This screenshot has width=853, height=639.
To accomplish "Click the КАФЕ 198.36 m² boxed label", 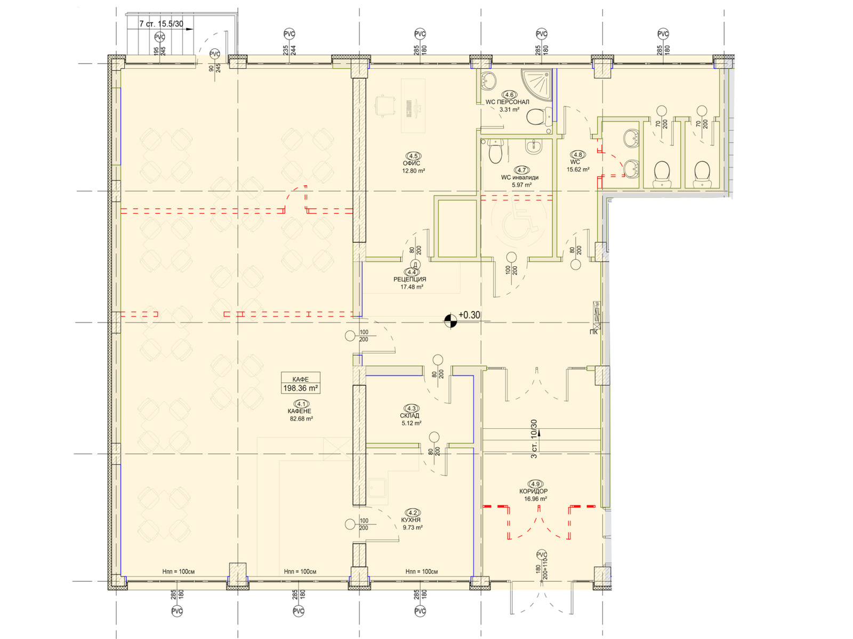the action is (300, 383).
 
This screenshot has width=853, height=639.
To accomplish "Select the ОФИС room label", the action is (411, 163).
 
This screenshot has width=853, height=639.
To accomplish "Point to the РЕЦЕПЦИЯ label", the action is (409, 279).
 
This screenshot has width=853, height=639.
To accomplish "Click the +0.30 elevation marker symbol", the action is (450, 321).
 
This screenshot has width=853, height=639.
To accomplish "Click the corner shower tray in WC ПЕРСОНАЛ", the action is (536, 83).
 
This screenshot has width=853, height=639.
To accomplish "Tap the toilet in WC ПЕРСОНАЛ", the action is (540, 117).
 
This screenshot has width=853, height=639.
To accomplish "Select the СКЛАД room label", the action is (409, 415).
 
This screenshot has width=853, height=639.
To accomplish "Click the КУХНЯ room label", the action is (411, 520).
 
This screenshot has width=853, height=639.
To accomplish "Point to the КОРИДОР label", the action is (534, 491).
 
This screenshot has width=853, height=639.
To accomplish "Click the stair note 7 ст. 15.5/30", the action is (161, 23).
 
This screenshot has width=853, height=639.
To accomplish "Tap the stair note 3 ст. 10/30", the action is (534, 439).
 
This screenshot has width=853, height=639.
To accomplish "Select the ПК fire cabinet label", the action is (593, 332).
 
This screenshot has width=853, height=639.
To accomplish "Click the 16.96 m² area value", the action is (535, 499).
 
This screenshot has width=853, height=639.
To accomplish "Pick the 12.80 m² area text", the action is (414, 171).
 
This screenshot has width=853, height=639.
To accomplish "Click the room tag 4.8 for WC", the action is (578, 154).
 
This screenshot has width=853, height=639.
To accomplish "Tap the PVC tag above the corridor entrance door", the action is (541, 554).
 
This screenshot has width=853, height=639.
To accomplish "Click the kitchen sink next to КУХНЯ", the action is (376, 488).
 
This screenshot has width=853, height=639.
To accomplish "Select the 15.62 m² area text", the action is (578, 169).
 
